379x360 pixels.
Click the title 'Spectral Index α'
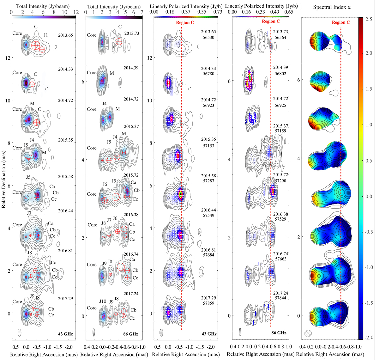tap(332, 7)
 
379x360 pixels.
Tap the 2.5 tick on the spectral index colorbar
tap(368, 19)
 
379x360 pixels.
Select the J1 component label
tap(46, 35)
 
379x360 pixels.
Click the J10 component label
tap(103, 302)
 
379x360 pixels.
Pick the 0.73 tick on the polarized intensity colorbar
tap(218, 12)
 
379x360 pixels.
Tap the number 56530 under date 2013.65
tap(208, 38)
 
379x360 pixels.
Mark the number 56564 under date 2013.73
tap(280, 37)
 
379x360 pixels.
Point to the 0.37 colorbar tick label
tap(186, 12)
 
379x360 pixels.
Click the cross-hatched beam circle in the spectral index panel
tap(308, 333)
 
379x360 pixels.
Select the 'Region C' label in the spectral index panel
tap(341, 22)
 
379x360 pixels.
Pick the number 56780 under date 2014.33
tap(208, 74)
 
